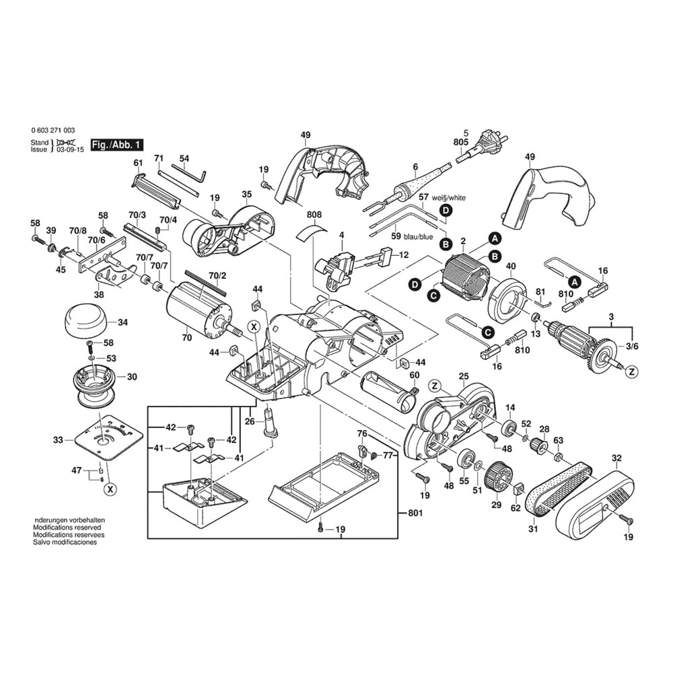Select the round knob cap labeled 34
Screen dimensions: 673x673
pyautogui.click(x=86, y=320)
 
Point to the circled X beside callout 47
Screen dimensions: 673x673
pyautogui.click(x=109, y=489)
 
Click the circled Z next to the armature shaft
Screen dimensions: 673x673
pyautogui.click(x=631, y=371)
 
